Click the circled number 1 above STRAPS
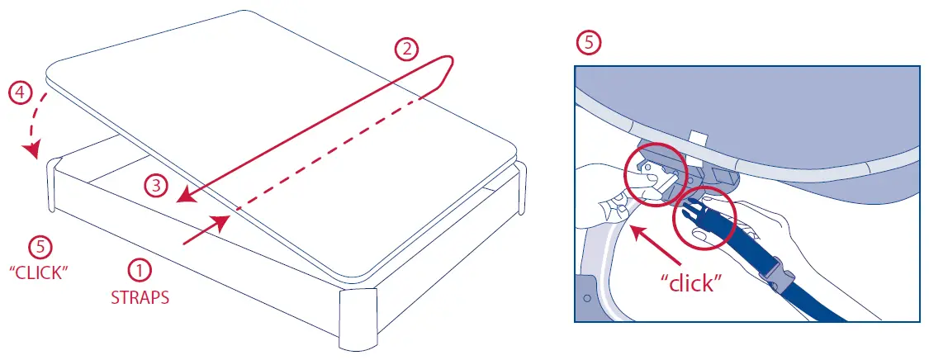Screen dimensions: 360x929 tap(140, 271)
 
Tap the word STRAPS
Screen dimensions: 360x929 tap(140, 297)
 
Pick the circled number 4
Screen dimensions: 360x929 tap(20, 93)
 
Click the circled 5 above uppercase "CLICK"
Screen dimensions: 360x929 tap(38, 246)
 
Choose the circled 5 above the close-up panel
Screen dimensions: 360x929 tap(588, 44)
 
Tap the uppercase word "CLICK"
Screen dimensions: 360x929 tap(38, 272)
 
